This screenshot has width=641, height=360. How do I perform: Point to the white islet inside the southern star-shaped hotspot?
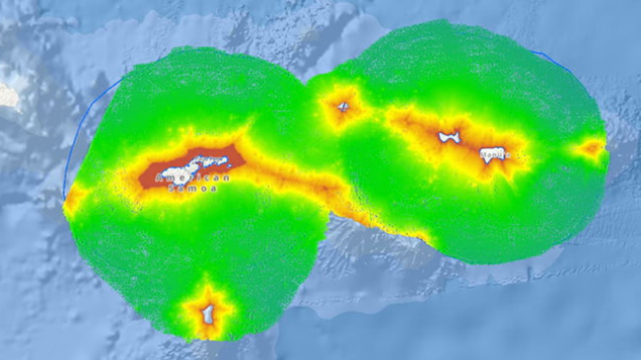[x=208, y=314]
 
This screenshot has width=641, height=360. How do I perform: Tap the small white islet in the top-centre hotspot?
[x=343, y=107]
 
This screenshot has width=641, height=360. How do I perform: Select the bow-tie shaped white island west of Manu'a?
[x=450, y=137]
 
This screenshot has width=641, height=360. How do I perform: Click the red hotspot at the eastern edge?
[x=593, y=149]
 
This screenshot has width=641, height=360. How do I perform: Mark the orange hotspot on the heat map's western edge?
[x=72, y=200]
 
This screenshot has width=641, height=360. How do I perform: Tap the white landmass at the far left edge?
[x=7, y=95]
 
